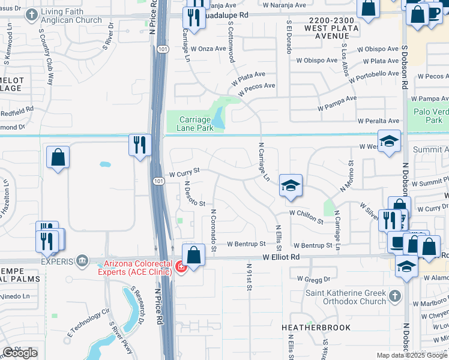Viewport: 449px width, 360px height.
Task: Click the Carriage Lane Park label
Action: (x=196, y=124)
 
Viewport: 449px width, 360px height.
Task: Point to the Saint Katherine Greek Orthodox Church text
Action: (x=344, y=297)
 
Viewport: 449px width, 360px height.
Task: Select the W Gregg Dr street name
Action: (x=315, y=279)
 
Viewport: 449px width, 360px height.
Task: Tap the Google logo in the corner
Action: (x=20, y=353)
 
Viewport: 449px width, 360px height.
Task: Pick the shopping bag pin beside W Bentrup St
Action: (x=194, y=254)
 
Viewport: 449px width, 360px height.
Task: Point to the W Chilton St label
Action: (x=306, y=213)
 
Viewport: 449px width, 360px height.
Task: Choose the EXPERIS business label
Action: (x=57, y=262)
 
